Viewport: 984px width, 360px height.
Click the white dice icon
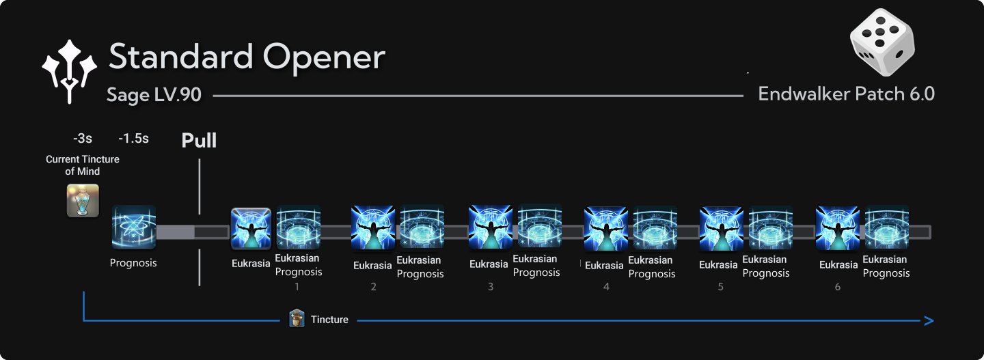coord(881,42)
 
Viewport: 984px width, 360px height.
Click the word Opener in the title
coord(325,57)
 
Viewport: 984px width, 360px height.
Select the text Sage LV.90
coord(154,94)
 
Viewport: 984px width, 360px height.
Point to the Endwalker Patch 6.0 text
coord(846,94)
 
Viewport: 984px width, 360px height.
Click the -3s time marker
coord(82,139)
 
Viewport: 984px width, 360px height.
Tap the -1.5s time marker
coord(133,139)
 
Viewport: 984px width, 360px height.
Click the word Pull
coord(199,141)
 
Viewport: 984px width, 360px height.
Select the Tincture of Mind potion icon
coord(83,200)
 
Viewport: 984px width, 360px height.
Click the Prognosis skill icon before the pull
coord(134,227)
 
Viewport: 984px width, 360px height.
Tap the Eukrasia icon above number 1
coord(251,229)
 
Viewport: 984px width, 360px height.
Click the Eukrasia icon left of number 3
coord(490,227)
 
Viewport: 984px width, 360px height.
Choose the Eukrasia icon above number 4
coord(606,229)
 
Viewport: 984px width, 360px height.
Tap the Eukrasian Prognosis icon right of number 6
coord(886,227)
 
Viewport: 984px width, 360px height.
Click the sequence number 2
coord(373,287)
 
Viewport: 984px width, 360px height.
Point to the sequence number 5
coord(720,287)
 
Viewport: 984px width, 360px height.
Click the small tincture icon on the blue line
coord(297,318)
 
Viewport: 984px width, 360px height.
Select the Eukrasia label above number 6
coord(838,265)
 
